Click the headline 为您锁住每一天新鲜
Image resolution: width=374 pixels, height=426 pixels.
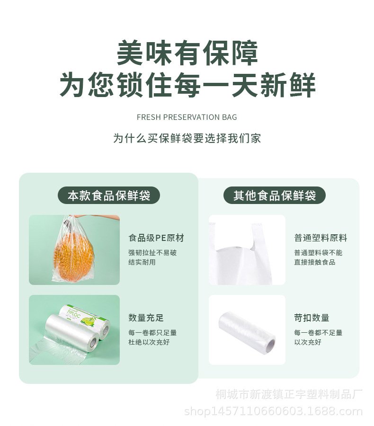tap(187, 85)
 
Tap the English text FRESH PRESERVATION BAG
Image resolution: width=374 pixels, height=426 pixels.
tap(187, 117)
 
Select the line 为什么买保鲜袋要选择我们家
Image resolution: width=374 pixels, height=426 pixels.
tap(187, 138)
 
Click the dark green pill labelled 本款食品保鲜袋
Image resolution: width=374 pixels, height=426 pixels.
tap(109, 195)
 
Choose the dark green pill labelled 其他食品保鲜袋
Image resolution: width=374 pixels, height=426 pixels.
tap(275, 195)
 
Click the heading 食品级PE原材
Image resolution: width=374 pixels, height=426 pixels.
tap(156, 238)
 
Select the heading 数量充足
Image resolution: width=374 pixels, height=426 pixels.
tap(146, 318)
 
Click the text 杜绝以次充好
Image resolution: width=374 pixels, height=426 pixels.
tap(149, 342)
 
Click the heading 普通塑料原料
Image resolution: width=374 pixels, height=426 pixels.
tap(321, 238)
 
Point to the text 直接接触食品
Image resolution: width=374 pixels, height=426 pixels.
tap(314, 262)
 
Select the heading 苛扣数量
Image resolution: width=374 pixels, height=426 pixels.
tap(312, 318)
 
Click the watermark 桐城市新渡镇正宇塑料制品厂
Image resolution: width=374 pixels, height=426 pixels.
tap(289, 394)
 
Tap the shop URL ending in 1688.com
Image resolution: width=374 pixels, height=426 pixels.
tap(273, 411)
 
